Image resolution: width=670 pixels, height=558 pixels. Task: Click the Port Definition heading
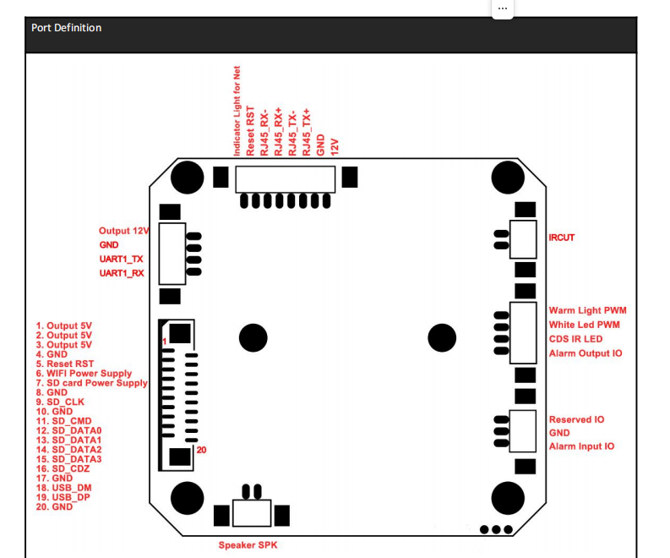point(67,28)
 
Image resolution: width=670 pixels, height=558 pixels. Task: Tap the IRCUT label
point(561,238)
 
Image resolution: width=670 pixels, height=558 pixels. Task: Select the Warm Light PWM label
point(587,311)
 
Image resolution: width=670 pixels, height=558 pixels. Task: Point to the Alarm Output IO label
point(586,353)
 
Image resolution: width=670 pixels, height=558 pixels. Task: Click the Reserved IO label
point(576,419)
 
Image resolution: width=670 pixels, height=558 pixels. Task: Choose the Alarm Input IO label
point(581,446)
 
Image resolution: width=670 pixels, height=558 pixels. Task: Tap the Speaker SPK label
point(248,545)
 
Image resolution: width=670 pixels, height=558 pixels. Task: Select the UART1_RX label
point(121,274)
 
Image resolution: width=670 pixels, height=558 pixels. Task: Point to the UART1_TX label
point(121,259)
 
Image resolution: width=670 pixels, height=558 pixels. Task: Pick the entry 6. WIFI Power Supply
point(84,373)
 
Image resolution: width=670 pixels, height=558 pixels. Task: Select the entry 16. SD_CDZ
point(62,468)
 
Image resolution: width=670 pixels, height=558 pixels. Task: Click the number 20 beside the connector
point(201,451)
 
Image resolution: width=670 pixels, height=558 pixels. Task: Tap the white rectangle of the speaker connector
point(252,513)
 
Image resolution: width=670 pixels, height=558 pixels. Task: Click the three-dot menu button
point(503,7)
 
